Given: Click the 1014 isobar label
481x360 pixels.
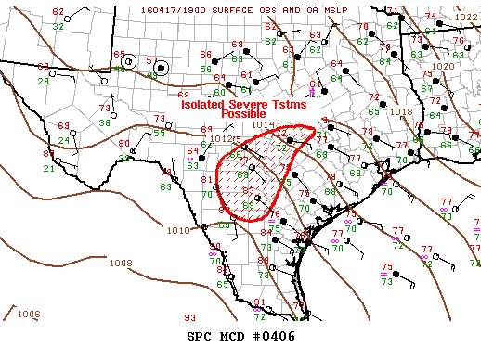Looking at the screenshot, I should click(x=263, y=123).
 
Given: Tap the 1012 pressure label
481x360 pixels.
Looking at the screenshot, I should click(x=220, y=139).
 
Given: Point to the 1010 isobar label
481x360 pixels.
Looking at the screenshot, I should click(x=177, y=230).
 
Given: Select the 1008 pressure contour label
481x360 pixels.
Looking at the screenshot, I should click(x=121, y=263).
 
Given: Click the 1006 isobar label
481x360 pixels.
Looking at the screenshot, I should click(x=29, y=314).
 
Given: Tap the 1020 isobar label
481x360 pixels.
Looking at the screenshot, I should click(x=443, y=67).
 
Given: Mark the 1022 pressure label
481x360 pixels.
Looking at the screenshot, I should click(x=466, y=18).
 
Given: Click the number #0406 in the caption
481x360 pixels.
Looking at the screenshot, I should click(x=275, y=336).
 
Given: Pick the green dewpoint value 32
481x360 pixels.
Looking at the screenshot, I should click(x=58, y=27).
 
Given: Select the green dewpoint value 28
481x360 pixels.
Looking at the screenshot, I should click(x=43, y=82).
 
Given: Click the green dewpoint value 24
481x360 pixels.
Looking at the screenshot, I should click(x=64, y=141).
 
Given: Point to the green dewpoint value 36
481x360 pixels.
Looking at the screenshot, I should click(x=105, y=122).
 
